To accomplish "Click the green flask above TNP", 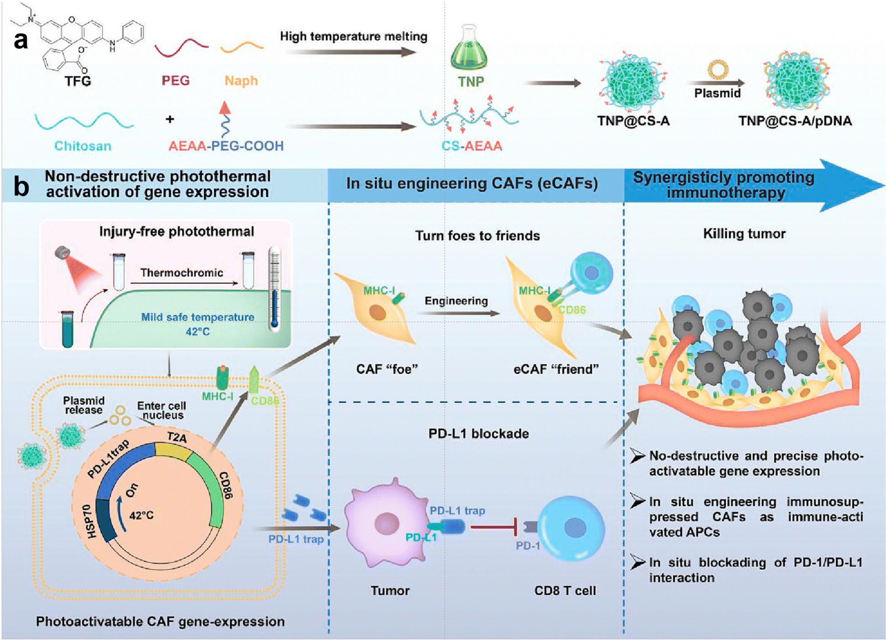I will (x=469, y=49).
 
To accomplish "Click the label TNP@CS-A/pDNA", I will (x=795, y=121).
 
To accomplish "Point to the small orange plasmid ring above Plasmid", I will (x=718, y=70).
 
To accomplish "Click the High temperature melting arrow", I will (x=351, y=53).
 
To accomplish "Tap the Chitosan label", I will (x=83, y=146).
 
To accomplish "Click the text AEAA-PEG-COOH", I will (x=226, y=146).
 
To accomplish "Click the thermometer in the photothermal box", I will (x=274, y=288).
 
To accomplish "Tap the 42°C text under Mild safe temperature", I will (x=197, y=332).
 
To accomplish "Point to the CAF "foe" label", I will (x=387, y=369).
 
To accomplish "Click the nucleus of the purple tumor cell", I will (x=386, y=525).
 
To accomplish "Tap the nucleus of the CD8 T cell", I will (x=574, y=528).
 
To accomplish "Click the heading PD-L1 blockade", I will (x=478, y=433).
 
